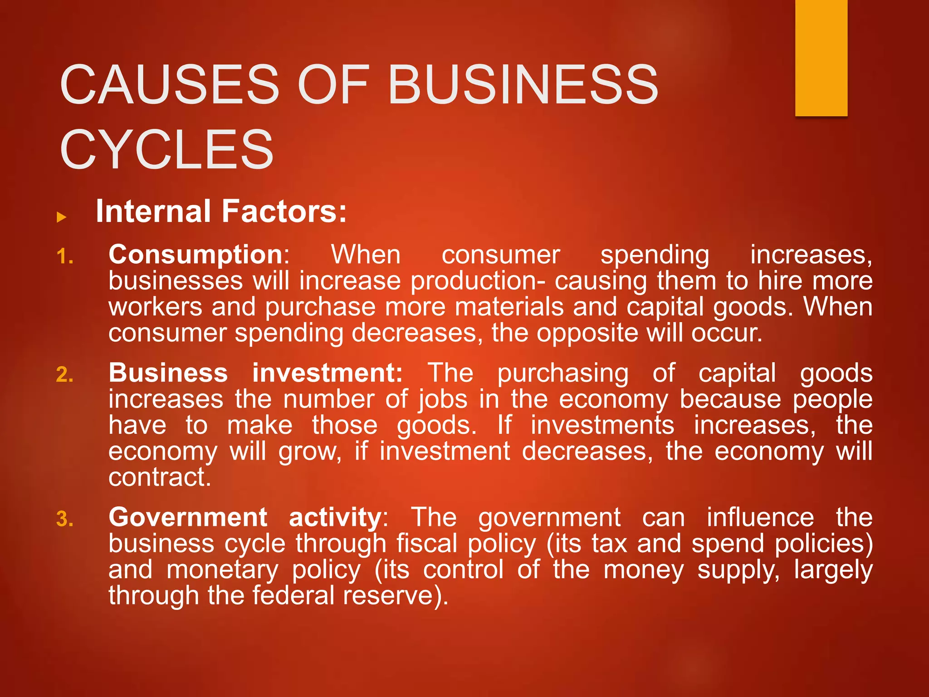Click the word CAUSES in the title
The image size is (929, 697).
coord(169,85)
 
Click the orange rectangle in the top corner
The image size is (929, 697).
coord(821,58)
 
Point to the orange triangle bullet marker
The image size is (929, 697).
coord(61,217)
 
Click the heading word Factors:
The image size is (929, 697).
coord(284,211)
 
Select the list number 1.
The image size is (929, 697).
coord(65,257)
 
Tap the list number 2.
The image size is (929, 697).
coord(65,375)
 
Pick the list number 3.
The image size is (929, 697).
coord(65,520)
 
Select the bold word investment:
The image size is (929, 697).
coord(327,373)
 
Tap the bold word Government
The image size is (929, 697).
coord(188,517)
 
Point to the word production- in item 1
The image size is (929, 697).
coord(478,281)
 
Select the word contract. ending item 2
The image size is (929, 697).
coord(160,477)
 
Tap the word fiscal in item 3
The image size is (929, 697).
coord(426,544)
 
